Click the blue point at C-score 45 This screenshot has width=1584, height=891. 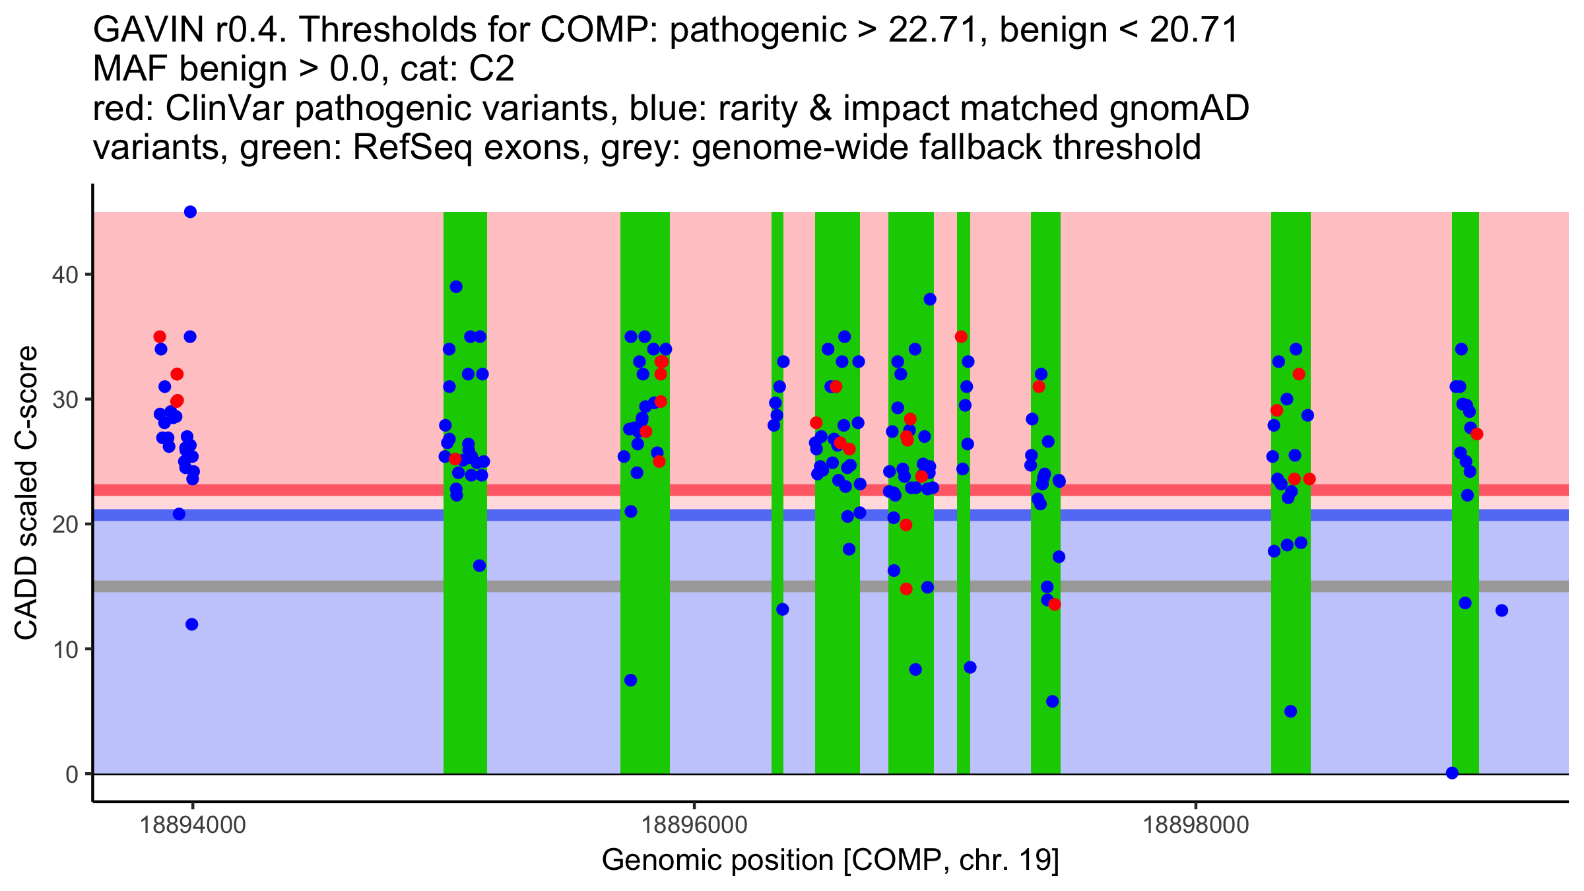coord(190,212)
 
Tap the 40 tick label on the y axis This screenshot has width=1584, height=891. coord(64,275)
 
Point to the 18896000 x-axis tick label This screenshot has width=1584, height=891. coord(694,826)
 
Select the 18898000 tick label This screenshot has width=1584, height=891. coord(1196,826)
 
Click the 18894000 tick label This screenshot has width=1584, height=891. coord(193,826)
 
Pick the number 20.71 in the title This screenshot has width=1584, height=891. coord(1195,30)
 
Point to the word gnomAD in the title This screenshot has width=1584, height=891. coord(1179,109)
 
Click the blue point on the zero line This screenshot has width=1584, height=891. coord(1452,773)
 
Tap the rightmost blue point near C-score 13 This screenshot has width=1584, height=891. coord(1501,610)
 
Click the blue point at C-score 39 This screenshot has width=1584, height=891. coord(456,286)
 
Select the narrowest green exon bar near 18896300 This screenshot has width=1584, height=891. coord(777,492)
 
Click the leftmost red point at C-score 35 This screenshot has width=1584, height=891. coord(160,337)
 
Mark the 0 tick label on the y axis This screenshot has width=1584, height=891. coord(71,774)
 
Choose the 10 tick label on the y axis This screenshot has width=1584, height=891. coord(64,649)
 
